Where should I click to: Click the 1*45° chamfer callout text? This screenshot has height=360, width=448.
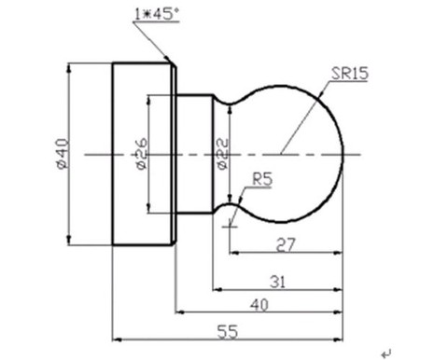pyautogui.click(x=157, y=14)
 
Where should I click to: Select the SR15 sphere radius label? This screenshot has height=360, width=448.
pyautogui.click(x=350, y=74)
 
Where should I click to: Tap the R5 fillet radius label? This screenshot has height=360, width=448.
pyautogui.click(x=262, y=180)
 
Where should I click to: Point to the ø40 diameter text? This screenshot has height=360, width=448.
pyautogui.click(x=63, y=154)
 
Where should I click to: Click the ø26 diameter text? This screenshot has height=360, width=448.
pyautogui.click(x=142, y=154)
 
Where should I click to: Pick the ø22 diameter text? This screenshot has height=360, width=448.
pyautogui.click(x=222, y=154)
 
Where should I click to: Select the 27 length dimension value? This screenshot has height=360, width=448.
pyautogui.click(x=286, y=244)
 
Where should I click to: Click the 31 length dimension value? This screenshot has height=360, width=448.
pyautogui.click(x=277, y=283)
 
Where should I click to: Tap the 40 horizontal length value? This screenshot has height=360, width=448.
pyautogui.click(x=259, y=305)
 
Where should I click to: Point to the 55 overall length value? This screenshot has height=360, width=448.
pyautogui.click(x=228, y=332)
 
